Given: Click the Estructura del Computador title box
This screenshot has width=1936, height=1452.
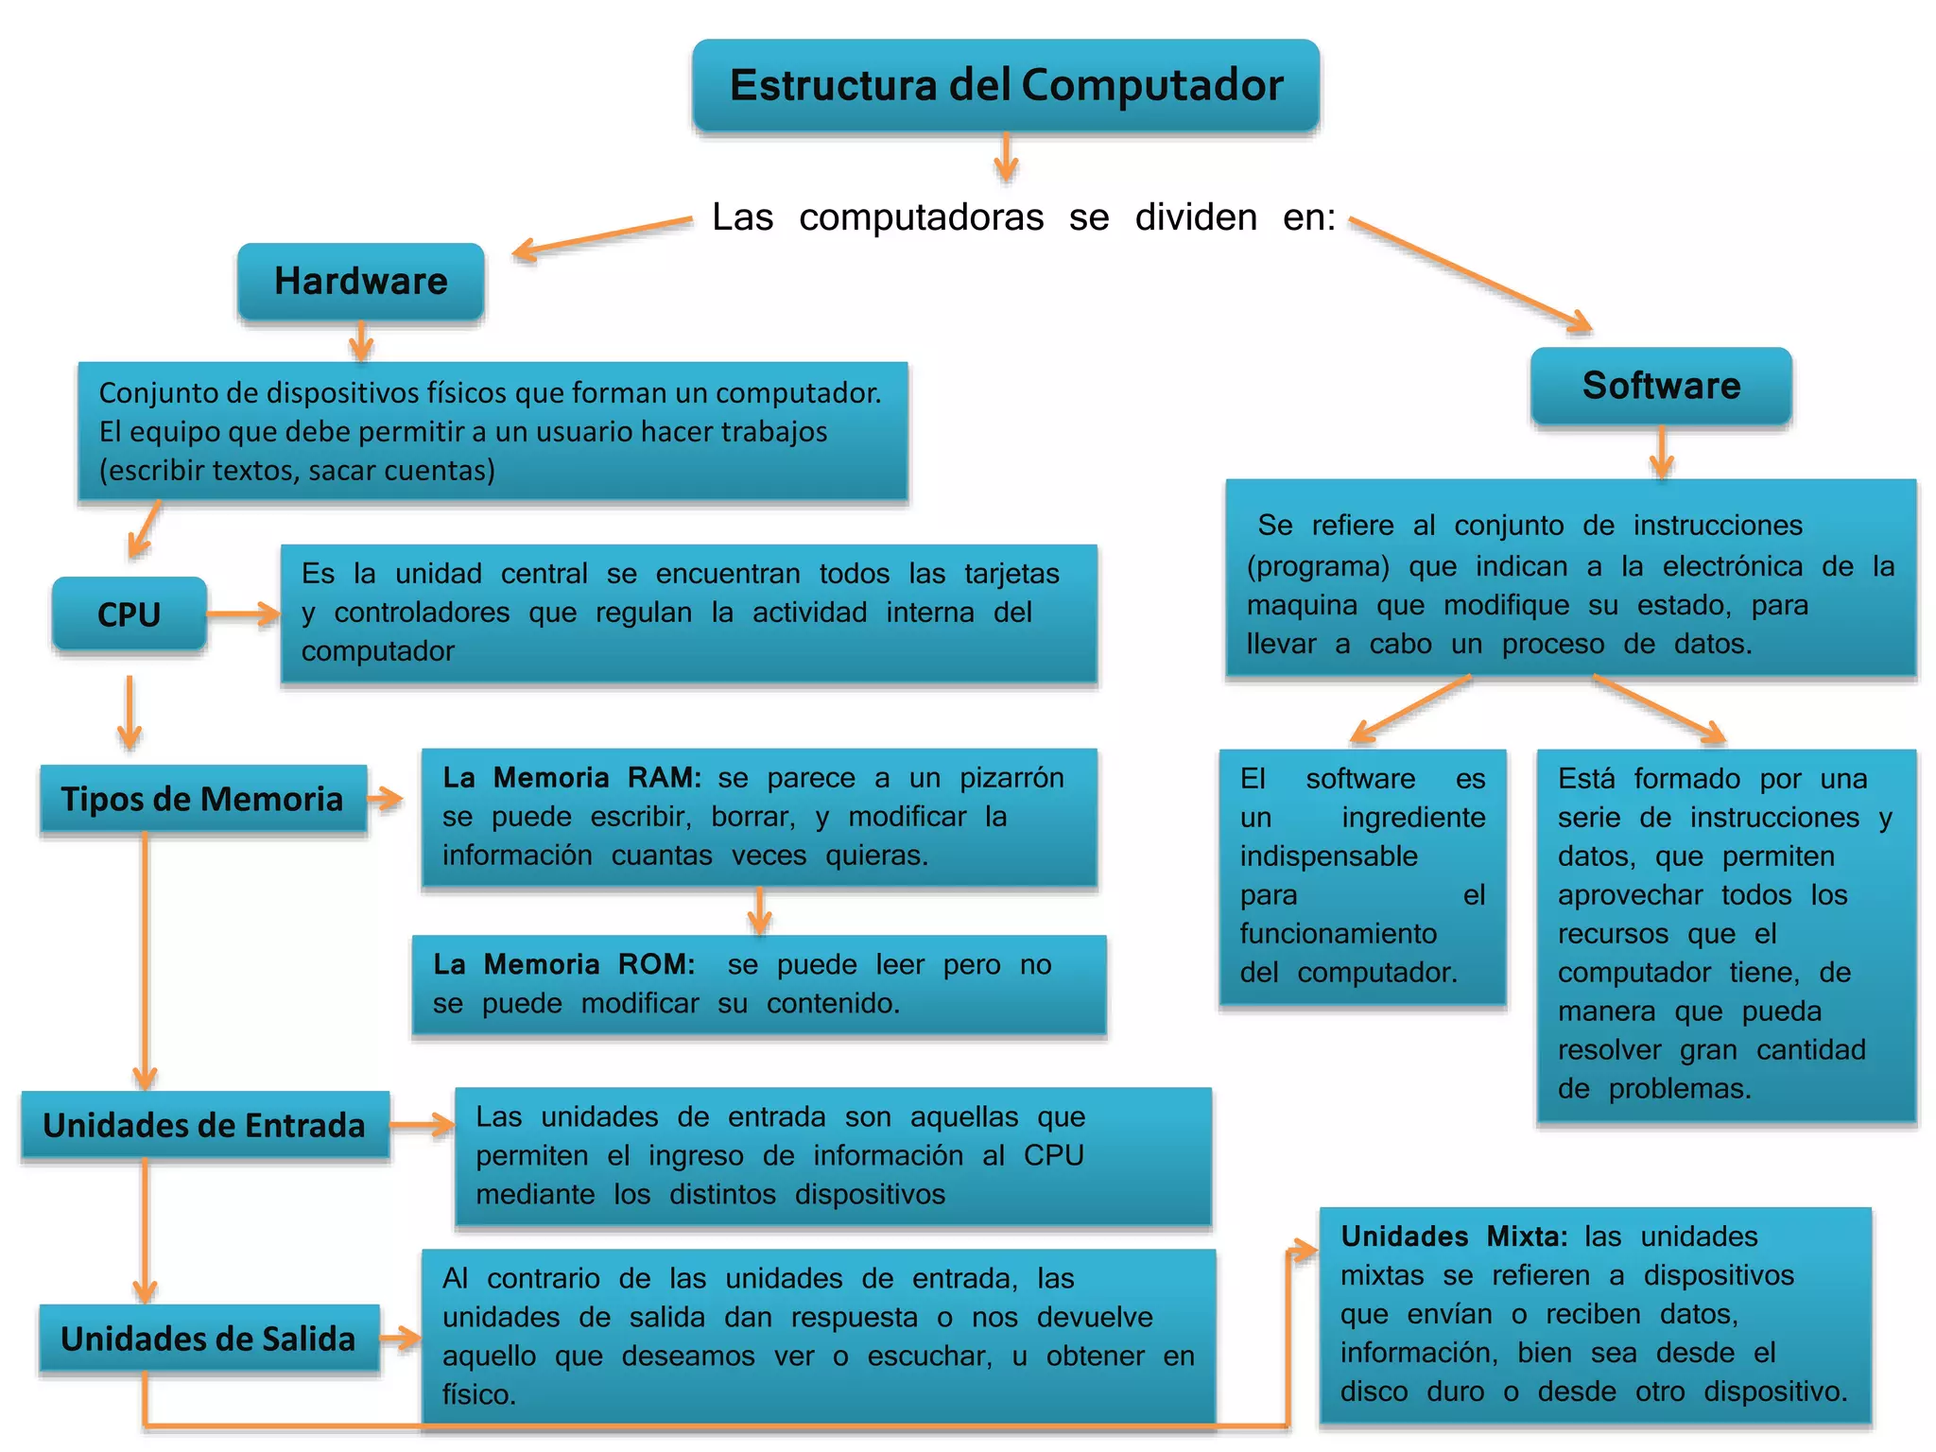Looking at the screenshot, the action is coord(1006,85).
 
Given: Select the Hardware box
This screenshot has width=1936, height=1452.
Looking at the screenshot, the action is coord(361,282).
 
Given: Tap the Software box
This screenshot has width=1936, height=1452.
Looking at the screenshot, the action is coord(1661,386).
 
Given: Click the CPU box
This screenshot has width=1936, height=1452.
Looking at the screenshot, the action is coord(130,614).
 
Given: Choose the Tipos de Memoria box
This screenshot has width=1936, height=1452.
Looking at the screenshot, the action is coord(202,800).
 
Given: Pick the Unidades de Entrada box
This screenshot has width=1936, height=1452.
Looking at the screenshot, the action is coord(204,1125).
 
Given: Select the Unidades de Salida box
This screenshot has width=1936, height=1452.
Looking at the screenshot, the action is coord(208,1339).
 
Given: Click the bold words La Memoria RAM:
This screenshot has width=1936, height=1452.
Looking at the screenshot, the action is coord(572,778).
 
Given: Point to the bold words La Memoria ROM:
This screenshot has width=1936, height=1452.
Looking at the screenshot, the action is coord(564,964).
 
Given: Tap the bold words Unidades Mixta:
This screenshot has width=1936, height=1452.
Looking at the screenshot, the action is coord(1454,1236).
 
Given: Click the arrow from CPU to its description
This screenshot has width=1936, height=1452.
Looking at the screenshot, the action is coord(243,614).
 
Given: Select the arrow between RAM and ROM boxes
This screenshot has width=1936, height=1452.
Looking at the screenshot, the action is coord(759,910).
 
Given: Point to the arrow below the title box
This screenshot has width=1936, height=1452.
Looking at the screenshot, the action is coord(1006,157).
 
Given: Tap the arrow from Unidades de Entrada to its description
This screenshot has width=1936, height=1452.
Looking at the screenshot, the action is coord(422,1125).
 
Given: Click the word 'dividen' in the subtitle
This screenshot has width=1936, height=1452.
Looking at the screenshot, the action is coord(1196,217).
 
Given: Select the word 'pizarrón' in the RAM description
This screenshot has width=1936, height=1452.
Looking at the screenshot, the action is coord(1011,778).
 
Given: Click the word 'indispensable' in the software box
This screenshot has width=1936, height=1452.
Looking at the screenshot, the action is coord(1328,856).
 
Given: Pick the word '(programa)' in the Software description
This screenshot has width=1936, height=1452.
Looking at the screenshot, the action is coord(1318,566).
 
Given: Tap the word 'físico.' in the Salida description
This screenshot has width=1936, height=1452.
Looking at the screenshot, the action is coord(479,1395).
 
